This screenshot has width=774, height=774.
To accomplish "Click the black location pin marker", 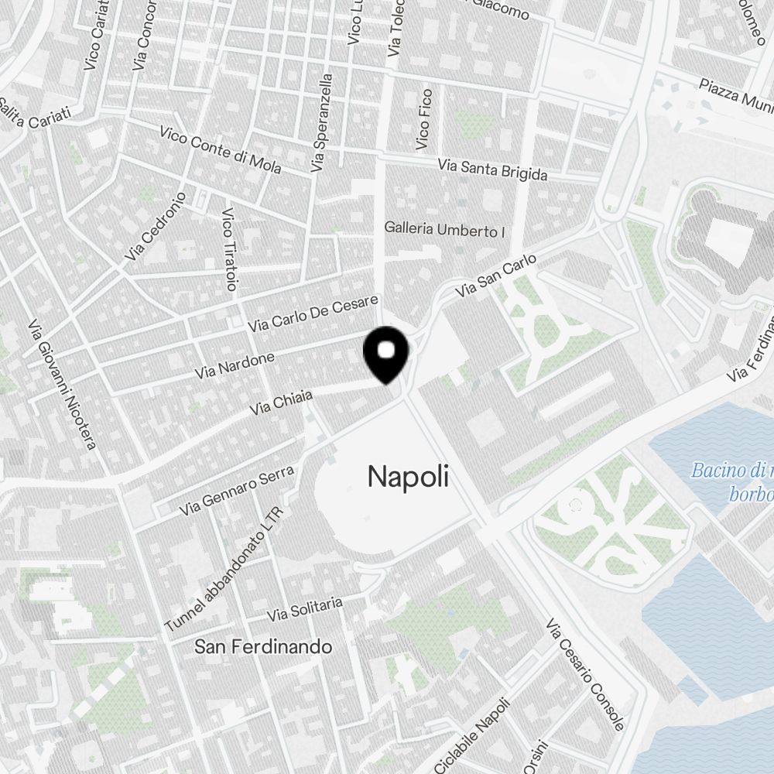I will click(386, 354).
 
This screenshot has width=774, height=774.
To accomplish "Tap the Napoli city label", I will click(408, 477).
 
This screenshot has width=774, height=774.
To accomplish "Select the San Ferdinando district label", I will click(263, 646).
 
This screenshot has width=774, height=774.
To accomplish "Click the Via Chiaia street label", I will click(281, 401).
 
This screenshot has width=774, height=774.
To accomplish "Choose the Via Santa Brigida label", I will click(492, 169).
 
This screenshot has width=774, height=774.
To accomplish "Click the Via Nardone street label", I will click(235, 365).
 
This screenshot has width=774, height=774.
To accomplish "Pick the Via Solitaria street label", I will click(304, 609).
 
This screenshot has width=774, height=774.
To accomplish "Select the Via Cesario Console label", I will click(585, 674).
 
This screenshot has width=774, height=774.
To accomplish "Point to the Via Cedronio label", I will click(155, 226).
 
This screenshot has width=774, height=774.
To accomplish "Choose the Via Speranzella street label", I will click(321, 122).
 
